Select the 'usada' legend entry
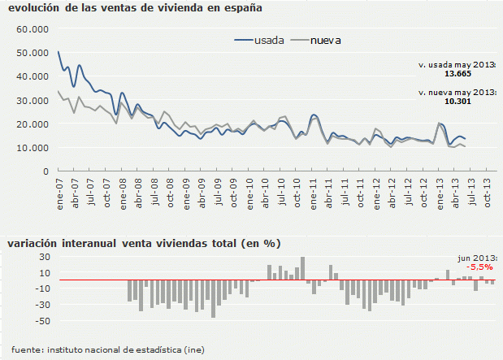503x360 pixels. (x=268, y=40)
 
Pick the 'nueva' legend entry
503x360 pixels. (x=325, y=40)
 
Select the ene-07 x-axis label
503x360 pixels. (x=60, y=193)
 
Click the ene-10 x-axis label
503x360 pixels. (x=250, y=193)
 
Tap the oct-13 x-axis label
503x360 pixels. (x=488, y=193)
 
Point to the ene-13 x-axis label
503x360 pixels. (x=440, y=193)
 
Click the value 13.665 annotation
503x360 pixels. (x=457, y=73)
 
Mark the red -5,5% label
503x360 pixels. (x=478, y=267)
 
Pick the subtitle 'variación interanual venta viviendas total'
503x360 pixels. (x=143, y=243)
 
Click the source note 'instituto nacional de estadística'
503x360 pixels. (x=114, y=349)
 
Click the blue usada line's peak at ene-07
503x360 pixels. (x=59, y=52)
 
